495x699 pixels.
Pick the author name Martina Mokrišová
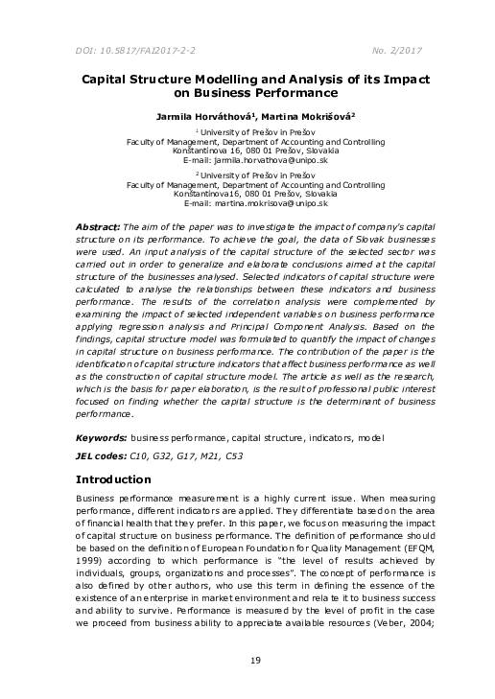[x=305, y=115]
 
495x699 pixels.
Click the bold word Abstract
[x=98, y=225]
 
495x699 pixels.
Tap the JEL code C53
[x=231, y=456]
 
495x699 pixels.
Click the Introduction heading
[x=112, y=478]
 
